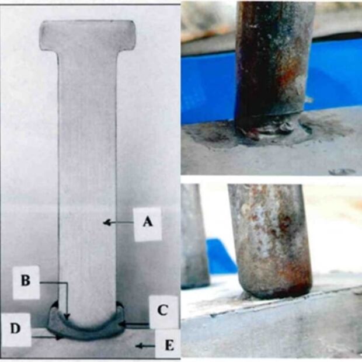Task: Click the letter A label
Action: coord(148,222)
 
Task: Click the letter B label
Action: coord(26,280)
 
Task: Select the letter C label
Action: coord(162,310)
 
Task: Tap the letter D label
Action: coord(15,328)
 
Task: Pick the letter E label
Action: coord(169,346)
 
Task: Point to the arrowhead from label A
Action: coord(106,223)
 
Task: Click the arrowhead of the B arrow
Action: coord(67,316)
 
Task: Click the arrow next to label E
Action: coord(145,346)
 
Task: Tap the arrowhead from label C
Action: coord(123,325)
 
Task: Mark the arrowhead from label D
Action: coord(60,337)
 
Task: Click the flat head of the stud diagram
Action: coord(87,35)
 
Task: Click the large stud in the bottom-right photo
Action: coord(270,240)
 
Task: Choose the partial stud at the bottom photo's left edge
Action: coord(194,235)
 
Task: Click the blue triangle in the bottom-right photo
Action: coord(221,256)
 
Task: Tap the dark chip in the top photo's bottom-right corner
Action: coord(342,172)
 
